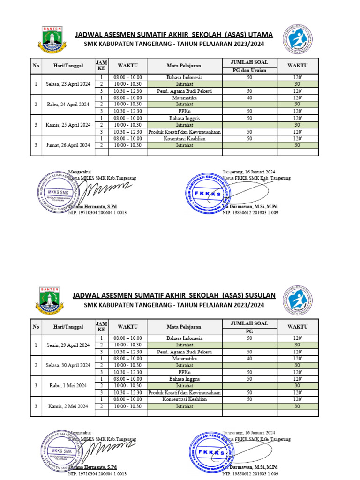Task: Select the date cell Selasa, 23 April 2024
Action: tap(68, 84)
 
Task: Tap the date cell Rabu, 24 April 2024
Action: tap(68, 105)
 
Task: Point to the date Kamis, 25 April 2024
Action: tap(68, 125)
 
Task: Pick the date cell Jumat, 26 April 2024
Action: tap(68, 145)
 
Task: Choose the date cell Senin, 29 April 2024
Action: tap(68, 345)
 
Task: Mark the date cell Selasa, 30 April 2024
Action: tap(68, 365)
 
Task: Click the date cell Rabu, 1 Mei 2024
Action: tap(68, 385)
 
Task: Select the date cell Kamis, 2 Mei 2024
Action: tap(68, 406)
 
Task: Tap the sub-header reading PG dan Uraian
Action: tap(249, 70)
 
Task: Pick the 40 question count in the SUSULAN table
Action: tap(249, 359)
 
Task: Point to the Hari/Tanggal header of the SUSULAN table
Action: tap(68, 327)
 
